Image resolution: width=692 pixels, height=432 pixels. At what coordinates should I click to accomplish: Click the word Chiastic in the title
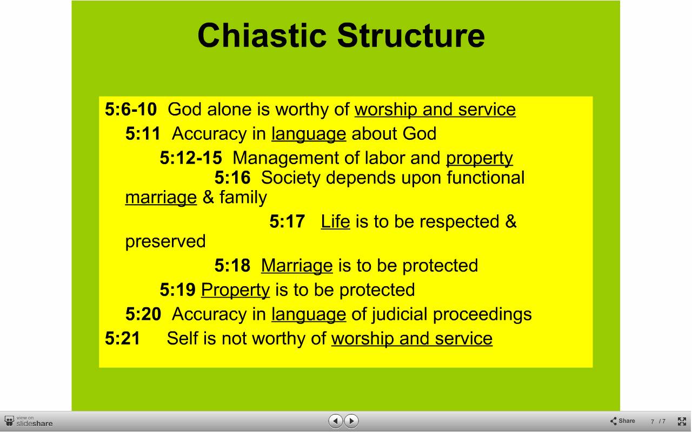click(x=262, y=35)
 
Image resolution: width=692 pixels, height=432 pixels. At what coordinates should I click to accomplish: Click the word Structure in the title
click(x=411, y=35)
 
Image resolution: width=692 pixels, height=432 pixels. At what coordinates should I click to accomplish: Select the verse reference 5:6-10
click(x=131, y=109)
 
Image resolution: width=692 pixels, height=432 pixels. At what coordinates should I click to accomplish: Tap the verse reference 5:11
click(x=143, y=133)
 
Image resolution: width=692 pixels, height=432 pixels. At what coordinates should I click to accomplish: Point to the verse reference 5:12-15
click(x=191, y=158)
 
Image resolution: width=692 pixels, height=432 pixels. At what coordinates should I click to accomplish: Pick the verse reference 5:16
click(x=232, y=178)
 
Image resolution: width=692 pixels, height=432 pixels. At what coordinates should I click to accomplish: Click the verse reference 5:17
click(x=287, y=221)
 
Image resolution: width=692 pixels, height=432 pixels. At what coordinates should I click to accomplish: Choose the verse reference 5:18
click(x=232, y=265)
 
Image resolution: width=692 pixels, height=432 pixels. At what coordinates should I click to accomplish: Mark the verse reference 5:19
click(x=178, y=290)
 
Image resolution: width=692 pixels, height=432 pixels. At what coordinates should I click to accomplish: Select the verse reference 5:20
click(x=143, y=314)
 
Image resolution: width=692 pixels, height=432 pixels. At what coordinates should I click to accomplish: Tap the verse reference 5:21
click(x=123, y=338)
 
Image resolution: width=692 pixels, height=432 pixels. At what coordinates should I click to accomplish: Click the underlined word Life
click(x=336, y=221)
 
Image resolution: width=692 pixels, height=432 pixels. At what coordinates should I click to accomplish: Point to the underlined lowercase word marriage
click(x=161, y=198)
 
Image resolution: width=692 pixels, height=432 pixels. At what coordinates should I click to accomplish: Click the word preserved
click(x=165, y=241)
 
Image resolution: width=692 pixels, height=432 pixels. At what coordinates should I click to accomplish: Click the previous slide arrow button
click(x=336, y=421)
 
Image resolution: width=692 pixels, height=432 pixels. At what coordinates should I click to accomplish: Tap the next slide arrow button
click(x=351, y=421)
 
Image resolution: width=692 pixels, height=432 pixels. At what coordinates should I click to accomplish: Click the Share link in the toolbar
click(x=622, y=421)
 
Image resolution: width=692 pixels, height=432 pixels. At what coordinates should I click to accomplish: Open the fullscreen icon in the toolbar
click(x=682, y=421)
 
